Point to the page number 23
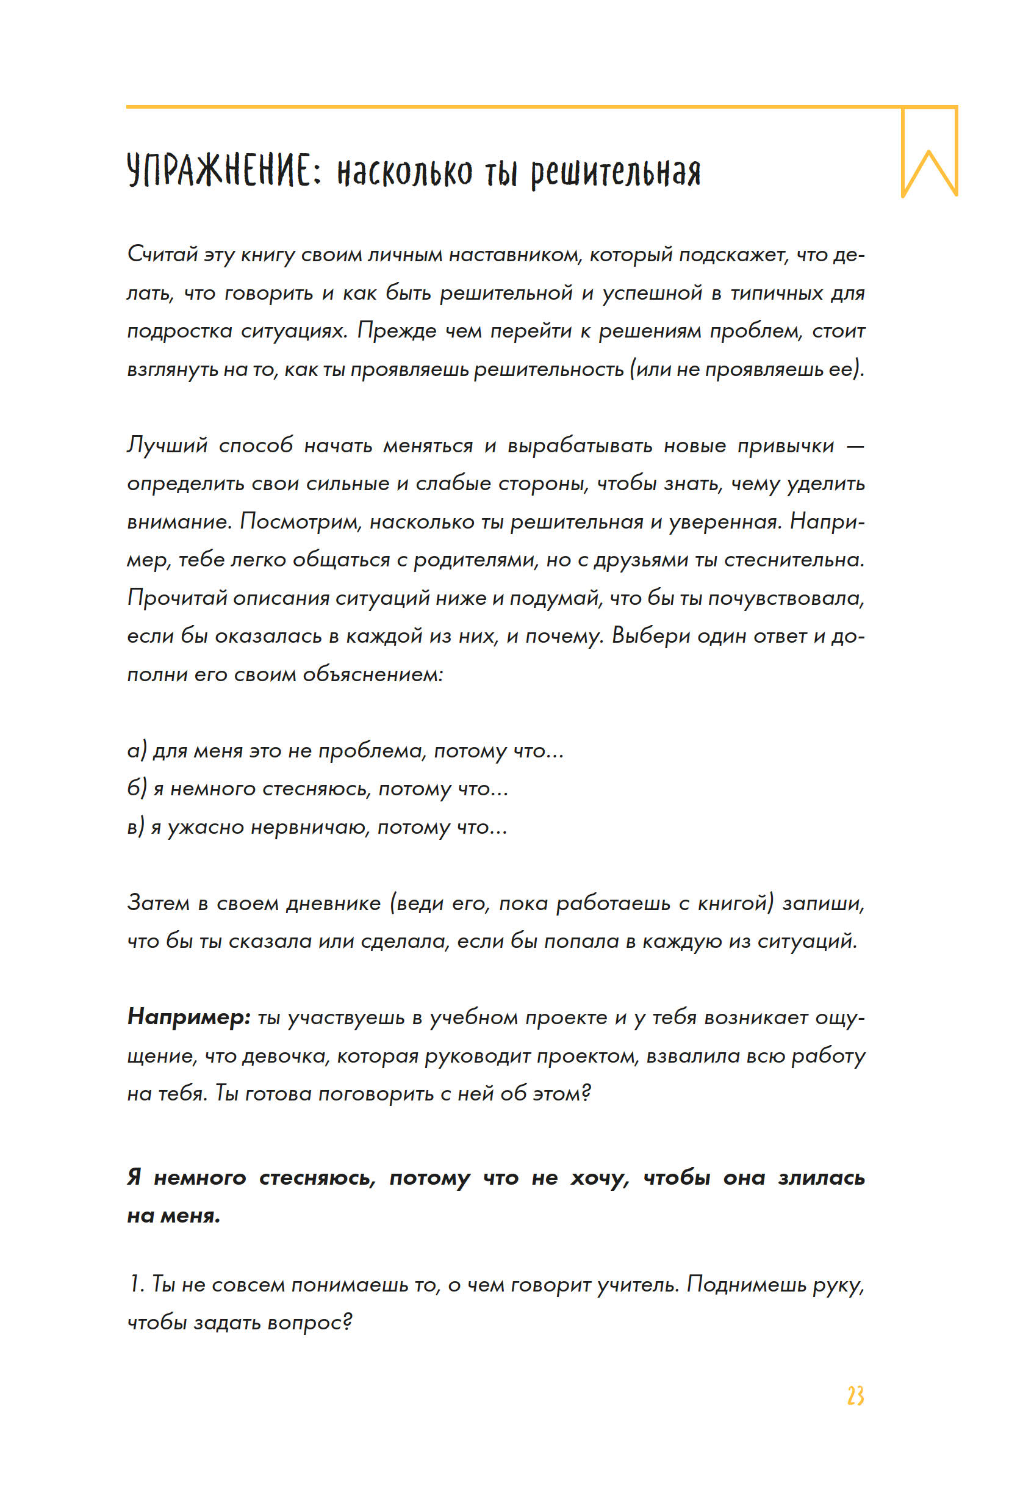[x=855, y=1395]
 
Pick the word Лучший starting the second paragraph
[x=167, y=446]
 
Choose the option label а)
[x=137, y=750]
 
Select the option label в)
[x=136, y=827]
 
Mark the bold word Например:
[x=189, y=1017]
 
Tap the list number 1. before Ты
[x=136, y=1284]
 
